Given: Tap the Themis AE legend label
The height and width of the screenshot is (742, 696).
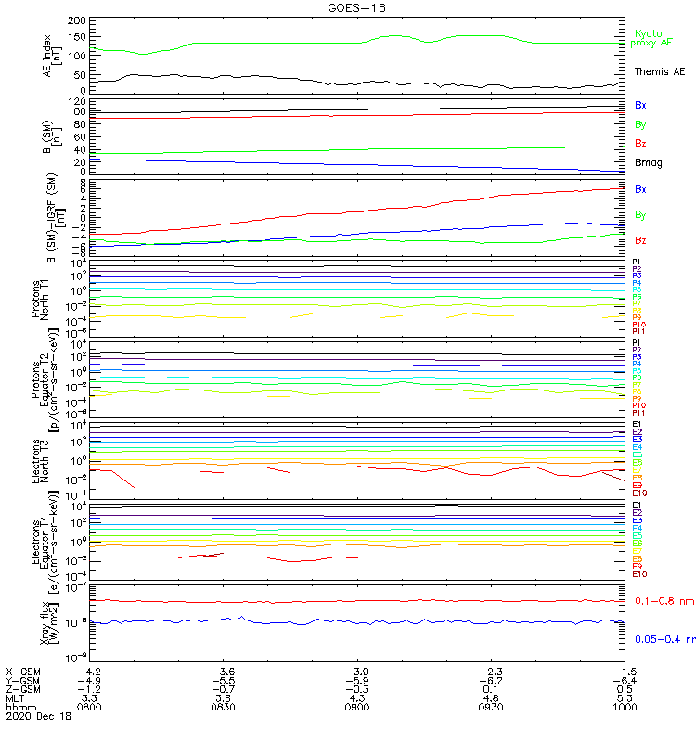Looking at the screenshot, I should click(658, 71).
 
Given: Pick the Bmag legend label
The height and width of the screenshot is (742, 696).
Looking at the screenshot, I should click(648, 163).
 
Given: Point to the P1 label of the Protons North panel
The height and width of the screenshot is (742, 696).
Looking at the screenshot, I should click(638, 262).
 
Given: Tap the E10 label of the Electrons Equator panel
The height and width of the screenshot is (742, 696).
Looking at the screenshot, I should click(639, 574).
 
